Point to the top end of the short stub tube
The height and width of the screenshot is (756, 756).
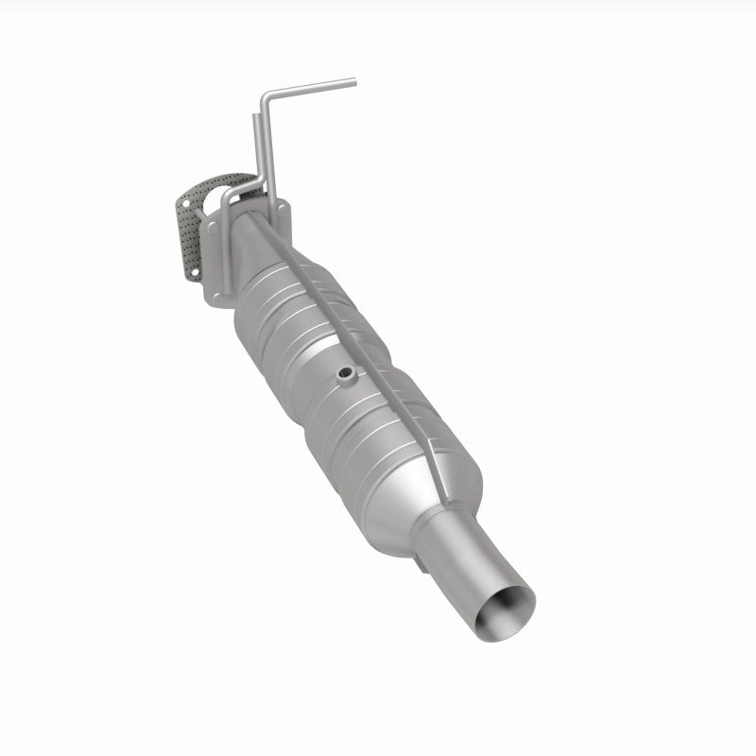pyautogui.click(x=254, y=117)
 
